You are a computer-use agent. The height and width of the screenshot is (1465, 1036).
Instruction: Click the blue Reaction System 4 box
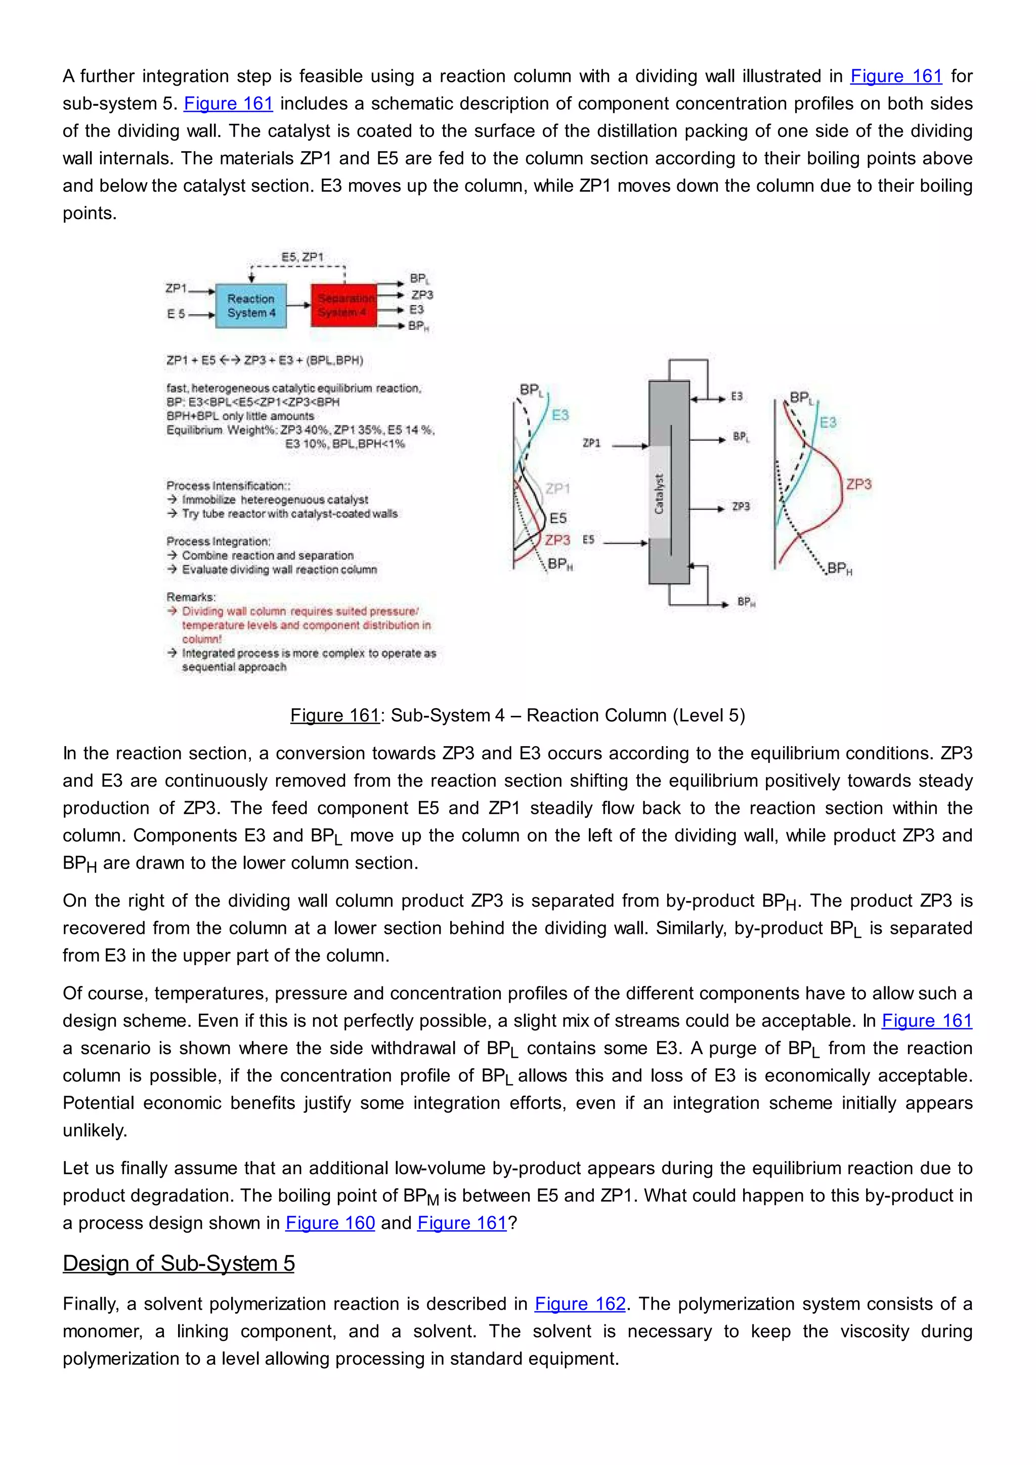coord(251,306)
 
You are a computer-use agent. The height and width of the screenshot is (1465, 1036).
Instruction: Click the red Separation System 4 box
coord(344,306)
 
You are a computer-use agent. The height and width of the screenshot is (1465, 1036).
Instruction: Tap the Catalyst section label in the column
coord(659,494)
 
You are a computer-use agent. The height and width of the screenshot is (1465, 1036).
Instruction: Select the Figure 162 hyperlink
coord(579,1304)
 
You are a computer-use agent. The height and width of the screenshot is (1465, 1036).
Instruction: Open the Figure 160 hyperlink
coord(330,1223)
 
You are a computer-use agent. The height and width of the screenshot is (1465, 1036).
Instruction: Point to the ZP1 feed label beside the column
coord(591,443)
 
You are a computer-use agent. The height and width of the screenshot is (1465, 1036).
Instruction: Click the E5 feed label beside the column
coord(588,540)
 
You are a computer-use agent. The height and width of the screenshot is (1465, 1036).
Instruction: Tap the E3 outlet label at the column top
coord(737,397)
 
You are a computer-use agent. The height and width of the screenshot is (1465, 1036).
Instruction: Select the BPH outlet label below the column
coord(746,601)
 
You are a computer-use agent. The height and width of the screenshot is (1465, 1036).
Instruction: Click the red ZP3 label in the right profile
coord(858,484)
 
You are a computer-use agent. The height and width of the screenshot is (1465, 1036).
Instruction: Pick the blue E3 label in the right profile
coord(828,422)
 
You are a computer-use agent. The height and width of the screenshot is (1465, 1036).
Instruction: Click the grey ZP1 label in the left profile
coord(557,489)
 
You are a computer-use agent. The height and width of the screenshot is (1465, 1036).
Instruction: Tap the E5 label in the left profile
coord(557,518)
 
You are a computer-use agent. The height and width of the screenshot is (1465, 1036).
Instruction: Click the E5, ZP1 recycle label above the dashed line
coord(303,257)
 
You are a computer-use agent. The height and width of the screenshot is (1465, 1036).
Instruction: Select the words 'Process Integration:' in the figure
coord(219,541)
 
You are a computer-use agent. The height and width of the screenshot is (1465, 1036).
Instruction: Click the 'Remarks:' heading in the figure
coord(191,597)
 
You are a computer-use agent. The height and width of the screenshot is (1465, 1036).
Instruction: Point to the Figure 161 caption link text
coord(335,715)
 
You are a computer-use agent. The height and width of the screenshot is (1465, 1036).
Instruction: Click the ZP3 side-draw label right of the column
coord(741,506)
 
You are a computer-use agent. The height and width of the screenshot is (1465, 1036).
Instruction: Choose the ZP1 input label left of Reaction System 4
coord(176,288)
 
